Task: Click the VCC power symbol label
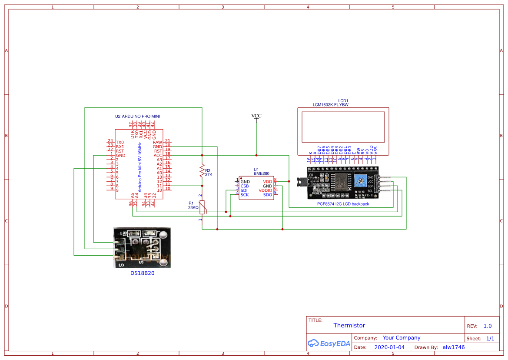(256, 116)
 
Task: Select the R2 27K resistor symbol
(202, 170)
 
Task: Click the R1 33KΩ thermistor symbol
(202, 207)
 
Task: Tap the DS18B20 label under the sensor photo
(143, 273)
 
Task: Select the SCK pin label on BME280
(245, 195)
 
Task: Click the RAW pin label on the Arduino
(157, 142)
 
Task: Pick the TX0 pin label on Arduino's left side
(120, 142)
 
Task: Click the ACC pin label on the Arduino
(158, 155)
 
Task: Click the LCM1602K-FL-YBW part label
(330, 105)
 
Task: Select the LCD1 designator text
(343, 100)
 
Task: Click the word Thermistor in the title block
(349, 325)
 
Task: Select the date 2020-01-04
(389, 347)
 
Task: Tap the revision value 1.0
(487, 326)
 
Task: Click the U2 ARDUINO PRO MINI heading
(137, 117)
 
